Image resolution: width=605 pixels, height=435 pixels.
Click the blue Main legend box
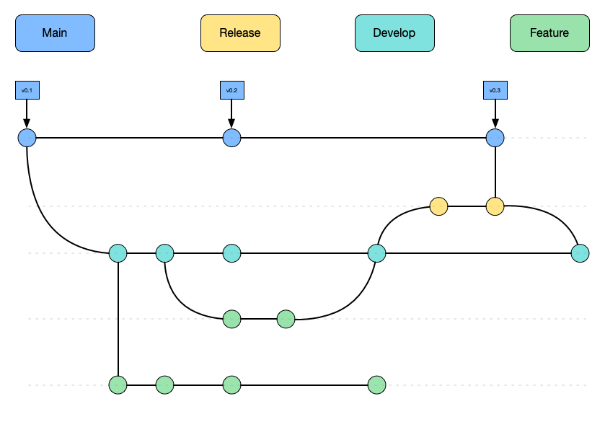(x=56, y=33)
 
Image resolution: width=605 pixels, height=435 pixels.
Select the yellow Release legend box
(x=240, y=33)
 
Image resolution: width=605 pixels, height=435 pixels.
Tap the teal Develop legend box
(x=394, y=33)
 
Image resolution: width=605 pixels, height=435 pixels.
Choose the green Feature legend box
(x=549, y=33)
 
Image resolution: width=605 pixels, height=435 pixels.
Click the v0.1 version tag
(x=27, y=90)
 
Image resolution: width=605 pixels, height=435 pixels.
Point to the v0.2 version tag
(x=231, y=90)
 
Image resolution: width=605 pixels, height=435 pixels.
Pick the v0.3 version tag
(x=495, y=90)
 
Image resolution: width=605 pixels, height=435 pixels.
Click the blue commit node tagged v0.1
(x=27, y=137)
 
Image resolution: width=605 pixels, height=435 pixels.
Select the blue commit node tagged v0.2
(x=231, y=137)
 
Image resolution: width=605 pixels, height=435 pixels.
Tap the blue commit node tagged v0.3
(x=495, y=137)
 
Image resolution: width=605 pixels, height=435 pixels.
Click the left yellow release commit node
(x=438, y=206)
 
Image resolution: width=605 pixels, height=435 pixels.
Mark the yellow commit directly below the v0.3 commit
(x=495, y=206)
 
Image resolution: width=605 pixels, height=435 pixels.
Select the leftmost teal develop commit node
(x=118, y=253)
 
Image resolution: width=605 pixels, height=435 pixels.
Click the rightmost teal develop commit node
(x=580, y=253)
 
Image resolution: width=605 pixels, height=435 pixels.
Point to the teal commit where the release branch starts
(x=376, y=253)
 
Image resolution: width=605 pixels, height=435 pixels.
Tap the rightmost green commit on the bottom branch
(x=376, y=385)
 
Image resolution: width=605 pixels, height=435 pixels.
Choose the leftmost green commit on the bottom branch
(x=118, y=385)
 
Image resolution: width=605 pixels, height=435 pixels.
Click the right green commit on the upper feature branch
(x=286, y=318)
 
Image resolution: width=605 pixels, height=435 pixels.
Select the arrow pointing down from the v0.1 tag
(x=27, y=113)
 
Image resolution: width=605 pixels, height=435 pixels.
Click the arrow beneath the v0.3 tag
(x=495, y=113)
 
